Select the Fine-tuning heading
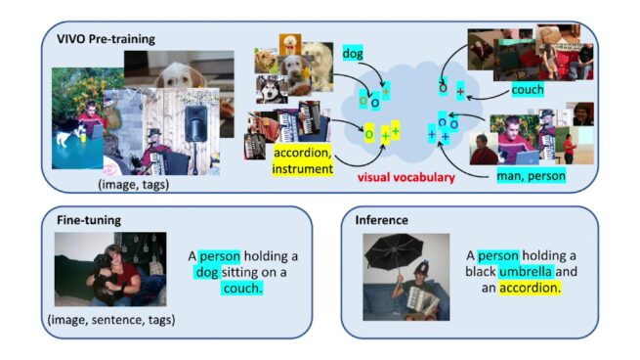[87, 220]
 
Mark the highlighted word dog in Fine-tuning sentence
[208, 273]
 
